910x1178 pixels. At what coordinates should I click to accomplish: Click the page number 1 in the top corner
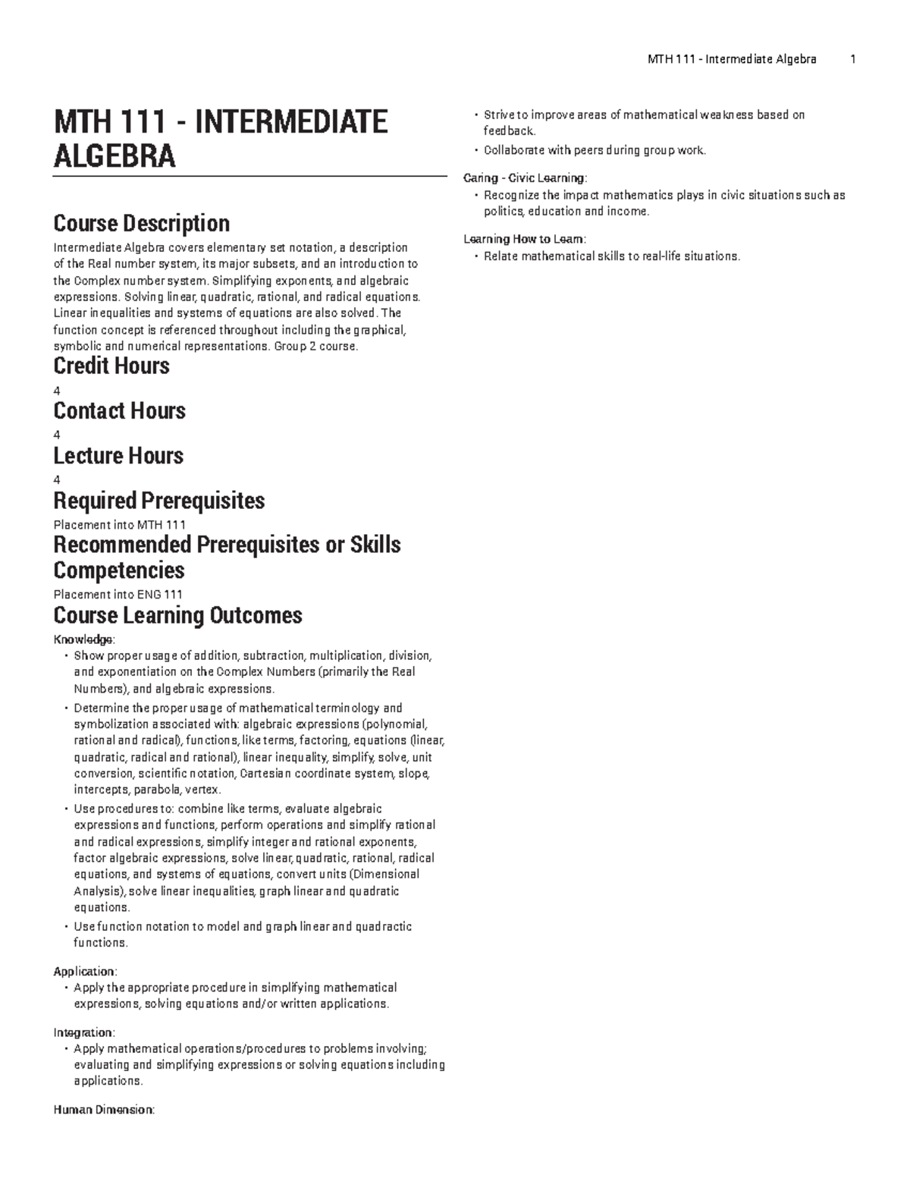click(853, 59)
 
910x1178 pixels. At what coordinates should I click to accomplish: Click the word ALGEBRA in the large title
click(115, 156)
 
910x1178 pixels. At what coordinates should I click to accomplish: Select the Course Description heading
click(141, 224)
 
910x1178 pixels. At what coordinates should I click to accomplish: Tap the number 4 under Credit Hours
click(57, 391)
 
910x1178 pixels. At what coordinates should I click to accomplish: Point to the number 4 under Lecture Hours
click(57, 479)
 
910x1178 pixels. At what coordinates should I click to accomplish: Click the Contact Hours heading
click(119, 411)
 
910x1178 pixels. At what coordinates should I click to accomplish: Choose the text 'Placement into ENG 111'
click(118, 595)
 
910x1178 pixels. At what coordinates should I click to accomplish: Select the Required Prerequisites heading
click(158, 501)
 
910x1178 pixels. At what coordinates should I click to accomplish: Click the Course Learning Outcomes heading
click(177, 615)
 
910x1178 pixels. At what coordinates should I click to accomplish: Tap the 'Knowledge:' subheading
click(84, 639)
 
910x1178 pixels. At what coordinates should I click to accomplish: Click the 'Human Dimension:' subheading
click(103, 1110)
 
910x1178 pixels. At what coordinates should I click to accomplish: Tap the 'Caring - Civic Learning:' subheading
click(525, 178)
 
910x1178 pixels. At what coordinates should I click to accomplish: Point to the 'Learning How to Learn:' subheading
click(525, 239)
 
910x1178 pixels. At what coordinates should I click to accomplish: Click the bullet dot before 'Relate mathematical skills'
click(475, 256)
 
